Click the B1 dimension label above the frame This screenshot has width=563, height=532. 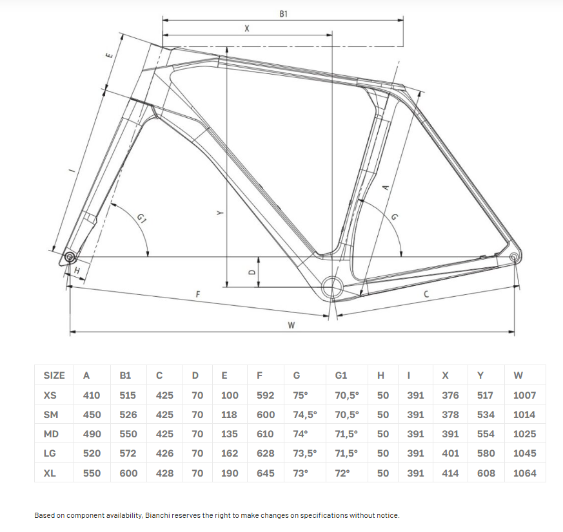[284, 14]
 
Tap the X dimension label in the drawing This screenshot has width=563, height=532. [246, 29]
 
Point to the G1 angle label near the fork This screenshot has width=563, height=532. [141, 218]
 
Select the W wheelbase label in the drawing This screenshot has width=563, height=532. [291, 325]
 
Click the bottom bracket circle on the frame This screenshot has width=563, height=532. [333, 287]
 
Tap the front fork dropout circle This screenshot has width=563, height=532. [69, 257]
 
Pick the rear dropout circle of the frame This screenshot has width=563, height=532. [513, 257]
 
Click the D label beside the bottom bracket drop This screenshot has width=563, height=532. [252, 272]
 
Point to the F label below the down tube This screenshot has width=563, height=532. [198, 294]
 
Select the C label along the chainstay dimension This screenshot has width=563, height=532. [426, 294]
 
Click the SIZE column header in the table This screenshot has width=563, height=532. [54, 375]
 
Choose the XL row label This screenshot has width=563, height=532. [50, 473]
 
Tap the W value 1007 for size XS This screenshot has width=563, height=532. [524, 395]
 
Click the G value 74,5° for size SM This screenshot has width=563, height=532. [305, 414]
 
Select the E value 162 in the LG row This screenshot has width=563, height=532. [229, 453]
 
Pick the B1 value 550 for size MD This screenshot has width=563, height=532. [128, 433]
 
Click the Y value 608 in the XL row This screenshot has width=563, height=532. [486, 473]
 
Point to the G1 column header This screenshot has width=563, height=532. [341, 375]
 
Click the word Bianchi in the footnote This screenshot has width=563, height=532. [157, 515]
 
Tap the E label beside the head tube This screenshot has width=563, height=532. [110, 55]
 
